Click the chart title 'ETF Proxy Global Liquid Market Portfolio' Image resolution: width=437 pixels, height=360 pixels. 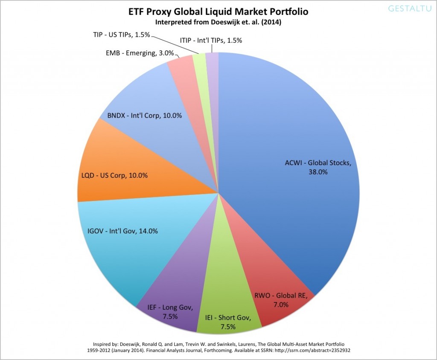[x=218, y=12]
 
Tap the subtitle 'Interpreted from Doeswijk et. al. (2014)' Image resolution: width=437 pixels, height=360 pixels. [x=218, y=22]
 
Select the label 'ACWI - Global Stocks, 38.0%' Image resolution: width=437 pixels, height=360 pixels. [x=318, y=167]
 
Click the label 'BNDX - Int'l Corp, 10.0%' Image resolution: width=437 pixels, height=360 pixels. [x=142, y=115]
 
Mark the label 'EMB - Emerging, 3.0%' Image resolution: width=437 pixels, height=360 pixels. [x=134, y=53]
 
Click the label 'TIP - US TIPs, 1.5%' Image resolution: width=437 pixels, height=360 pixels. [x=121, y=35]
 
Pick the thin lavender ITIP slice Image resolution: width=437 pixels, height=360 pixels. [x=212, y=60]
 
